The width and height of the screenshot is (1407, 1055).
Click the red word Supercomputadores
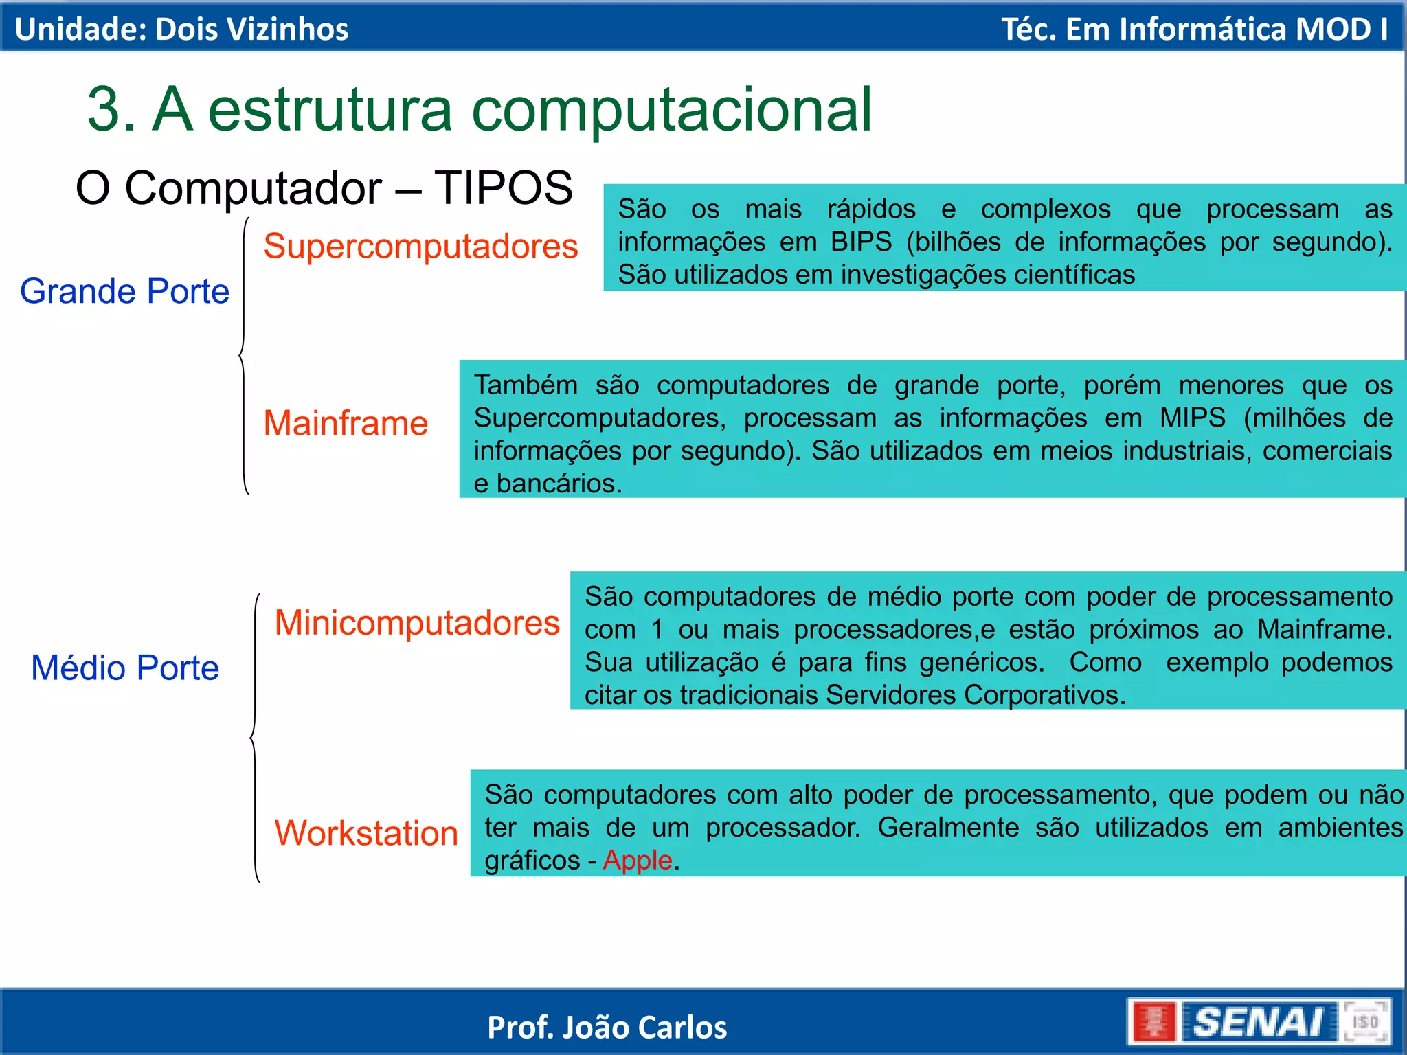point(420,246)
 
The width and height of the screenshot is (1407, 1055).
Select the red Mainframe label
point(346,423)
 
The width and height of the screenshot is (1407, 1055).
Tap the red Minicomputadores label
point(417,623)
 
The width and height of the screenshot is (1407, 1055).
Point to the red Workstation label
point(366,833)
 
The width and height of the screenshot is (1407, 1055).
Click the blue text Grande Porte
point(124,291)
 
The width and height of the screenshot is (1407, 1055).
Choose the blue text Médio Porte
point(125,668)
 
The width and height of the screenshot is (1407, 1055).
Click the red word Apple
point(637,860)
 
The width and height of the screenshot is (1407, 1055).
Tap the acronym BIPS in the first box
point(861,242)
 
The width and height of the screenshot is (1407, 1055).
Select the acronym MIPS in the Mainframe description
point(1192,418)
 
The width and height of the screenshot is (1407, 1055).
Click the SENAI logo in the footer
point(1257,1022)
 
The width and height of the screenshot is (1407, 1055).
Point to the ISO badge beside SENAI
point(1365,1022)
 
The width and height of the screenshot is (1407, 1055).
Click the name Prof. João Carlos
point(607,1028)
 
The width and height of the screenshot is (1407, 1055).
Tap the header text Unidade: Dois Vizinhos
point(181,29)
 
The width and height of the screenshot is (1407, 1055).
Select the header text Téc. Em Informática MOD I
point(1194,29)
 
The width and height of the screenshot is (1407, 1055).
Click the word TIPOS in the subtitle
point(503,188)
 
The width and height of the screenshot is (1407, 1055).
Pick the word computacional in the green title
point(671,110)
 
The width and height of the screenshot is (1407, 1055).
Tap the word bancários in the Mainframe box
point(559,484)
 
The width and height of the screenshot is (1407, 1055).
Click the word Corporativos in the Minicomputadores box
point(1044,695)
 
